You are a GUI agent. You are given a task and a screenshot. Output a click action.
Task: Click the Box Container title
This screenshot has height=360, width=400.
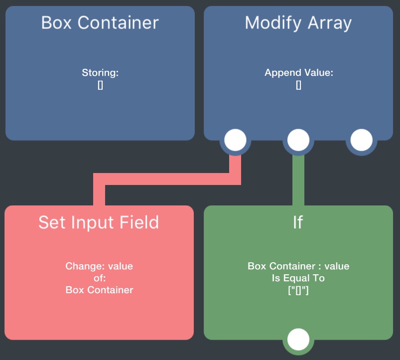click(x=100, y=23)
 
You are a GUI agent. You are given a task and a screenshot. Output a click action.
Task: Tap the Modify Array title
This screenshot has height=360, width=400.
click(x=298, y=23)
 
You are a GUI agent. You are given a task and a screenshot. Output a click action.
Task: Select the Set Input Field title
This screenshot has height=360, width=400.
click(x=99, y=222)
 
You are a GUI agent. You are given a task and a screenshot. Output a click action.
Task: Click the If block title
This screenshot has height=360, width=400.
click(x=298, y=222)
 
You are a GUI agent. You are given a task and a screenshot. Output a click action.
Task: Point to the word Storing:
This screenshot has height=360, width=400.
click(x=100, y=73)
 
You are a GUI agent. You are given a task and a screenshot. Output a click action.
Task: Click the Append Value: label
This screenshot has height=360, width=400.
click(x=299, y=73)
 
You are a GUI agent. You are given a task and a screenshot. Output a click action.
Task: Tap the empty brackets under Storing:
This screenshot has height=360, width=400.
click(x=100, y=85)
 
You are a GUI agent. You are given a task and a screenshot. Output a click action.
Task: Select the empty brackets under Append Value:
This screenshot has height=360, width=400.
click(x=299, y=85)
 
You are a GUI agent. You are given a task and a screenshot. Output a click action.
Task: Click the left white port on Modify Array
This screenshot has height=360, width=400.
click(x=235, y=141)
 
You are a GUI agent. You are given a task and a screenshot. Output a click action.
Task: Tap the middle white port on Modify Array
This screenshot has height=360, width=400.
click(x=298, y=141)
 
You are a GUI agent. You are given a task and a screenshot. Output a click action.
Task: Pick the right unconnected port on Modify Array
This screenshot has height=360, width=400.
click(x=362, y=141)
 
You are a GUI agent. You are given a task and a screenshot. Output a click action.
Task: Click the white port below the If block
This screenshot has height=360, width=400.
click(x=298, y=340)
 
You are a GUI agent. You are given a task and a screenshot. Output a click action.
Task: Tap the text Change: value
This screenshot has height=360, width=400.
click(x=99, y=266)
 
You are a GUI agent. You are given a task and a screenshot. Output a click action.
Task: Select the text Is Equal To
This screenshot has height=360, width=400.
click(x=298, y=278)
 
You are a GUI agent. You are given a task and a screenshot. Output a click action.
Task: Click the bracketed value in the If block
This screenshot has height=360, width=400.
click(x=298, y=290)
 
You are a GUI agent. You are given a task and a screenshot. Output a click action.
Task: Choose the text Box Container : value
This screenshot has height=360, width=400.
click(x=298, y=266)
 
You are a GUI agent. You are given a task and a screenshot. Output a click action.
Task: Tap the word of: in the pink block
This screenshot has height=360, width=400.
click(x=99, y=278)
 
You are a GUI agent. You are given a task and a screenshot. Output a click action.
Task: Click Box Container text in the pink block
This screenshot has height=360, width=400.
click(x=99, y=290)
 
